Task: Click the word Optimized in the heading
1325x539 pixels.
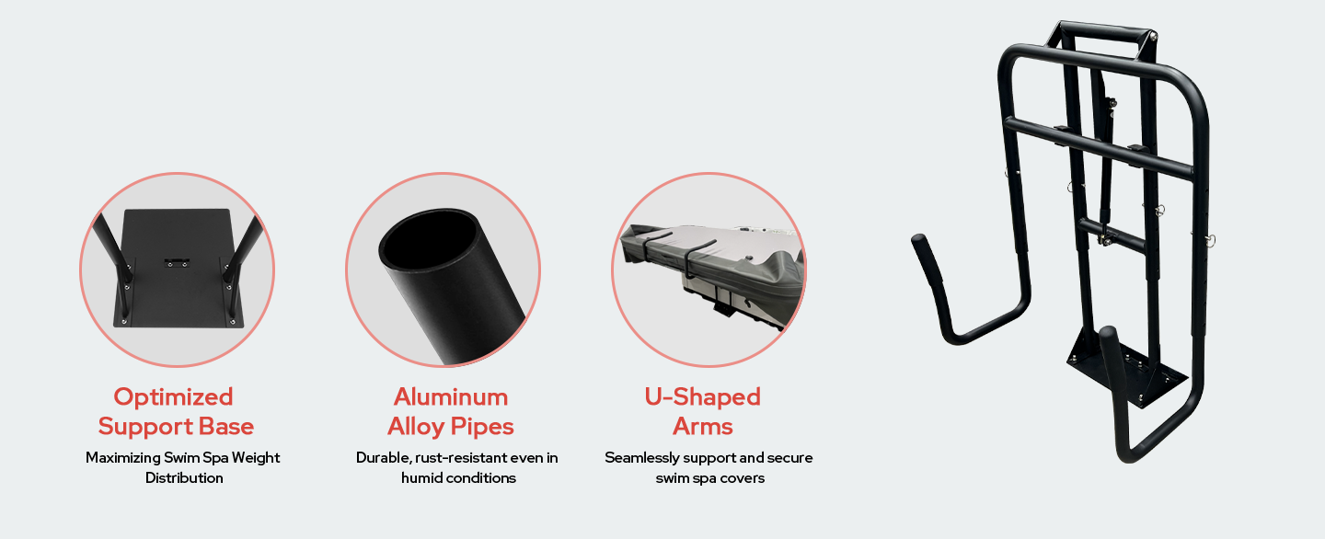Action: pyautogui.click(x=173, y=397)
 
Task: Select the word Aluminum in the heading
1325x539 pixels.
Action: pyautogui.click(x=451, y=397)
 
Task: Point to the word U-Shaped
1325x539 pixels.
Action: pyautogui.click(x=702, y=397)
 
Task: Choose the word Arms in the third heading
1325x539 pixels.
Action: pyautogui.click(x=703, y=426)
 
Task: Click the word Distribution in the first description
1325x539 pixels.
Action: pyautogui.click(x=185, y=477)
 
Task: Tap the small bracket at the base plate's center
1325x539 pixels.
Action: pyautogui.click(x=177, y=261)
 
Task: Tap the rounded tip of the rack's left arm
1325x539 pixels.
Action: pyautogui.click(x=919, y=241)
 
